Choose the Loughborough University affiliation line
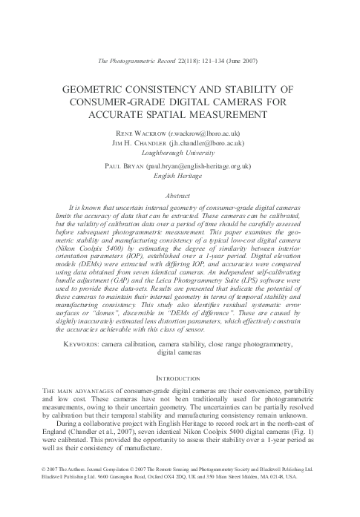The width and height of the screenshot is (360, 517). point(180,153)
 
